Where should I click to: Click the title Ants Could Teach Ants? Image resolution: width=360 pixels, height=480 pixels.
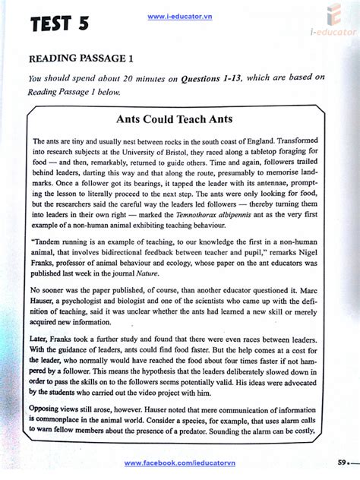tap(174, 120)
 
